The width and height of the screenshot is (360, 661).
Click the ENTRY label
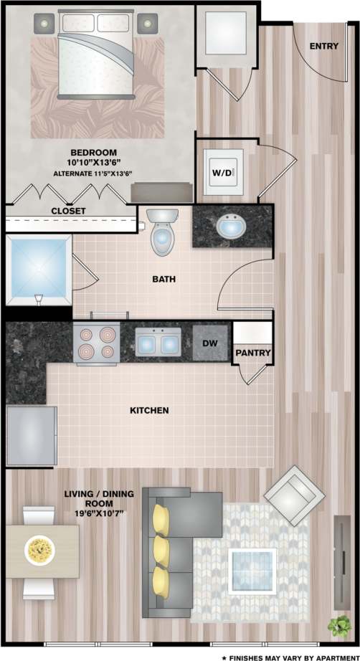tap(324, 46)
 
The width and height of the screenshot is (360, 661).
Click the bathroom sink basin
tap(229, 227)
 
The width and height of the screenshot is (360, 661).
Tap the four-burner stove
tap(96, 343)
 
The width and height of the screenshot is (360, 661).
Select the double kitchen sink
tap(158, 343)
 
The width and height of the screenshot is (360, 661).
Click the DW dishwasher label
tap(209, 343)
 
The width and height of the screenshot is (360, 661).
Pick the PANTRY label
tap(252, 353)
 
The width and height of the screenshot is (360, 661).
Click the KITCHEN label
tap(149, 411)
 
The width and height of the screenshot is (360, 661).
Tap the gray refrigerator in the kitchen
tap(32, 435)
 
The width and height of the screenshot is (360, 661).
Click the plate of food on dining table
tap(39, 551)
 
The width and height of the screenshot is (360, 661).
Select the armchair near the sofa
tap(294, 493)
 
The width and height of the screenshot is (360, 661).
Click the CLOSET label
tap(68, 211)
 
